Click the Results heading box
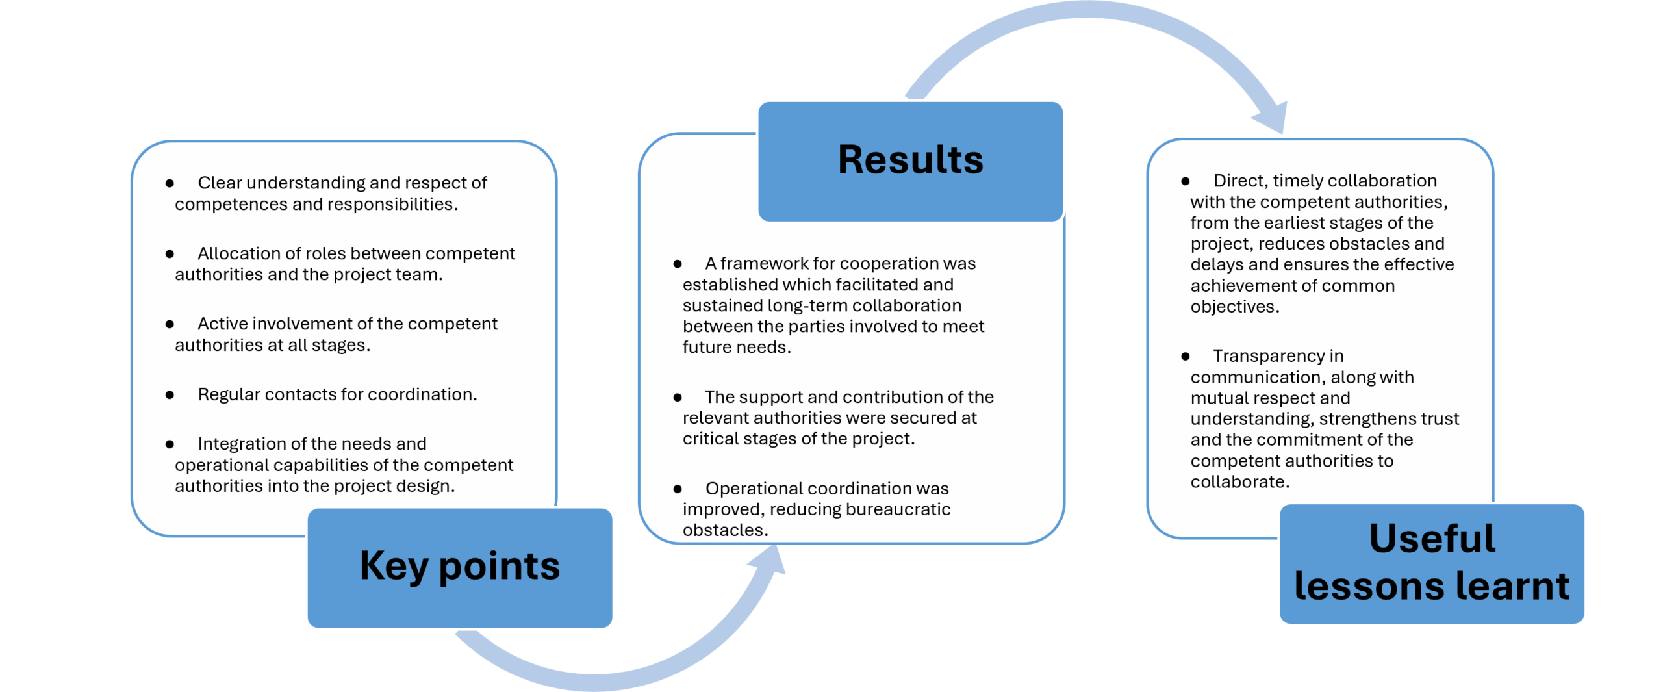tap(909, 160)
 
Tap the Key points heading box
tap(459, 567)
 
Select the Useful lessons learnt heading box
tap(1431, 563)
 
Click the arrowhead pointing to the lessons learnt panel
tap(1271, 118)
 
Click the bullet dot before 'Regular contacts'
tap(170, 394)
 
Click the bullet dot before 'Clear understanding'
tap(170, 183)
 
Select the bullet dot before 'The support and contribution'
tap(678, 397)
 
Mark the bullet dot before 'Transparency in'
tap(1186, 356)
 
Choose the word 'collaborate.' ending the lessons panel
tap(1239, 481)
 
